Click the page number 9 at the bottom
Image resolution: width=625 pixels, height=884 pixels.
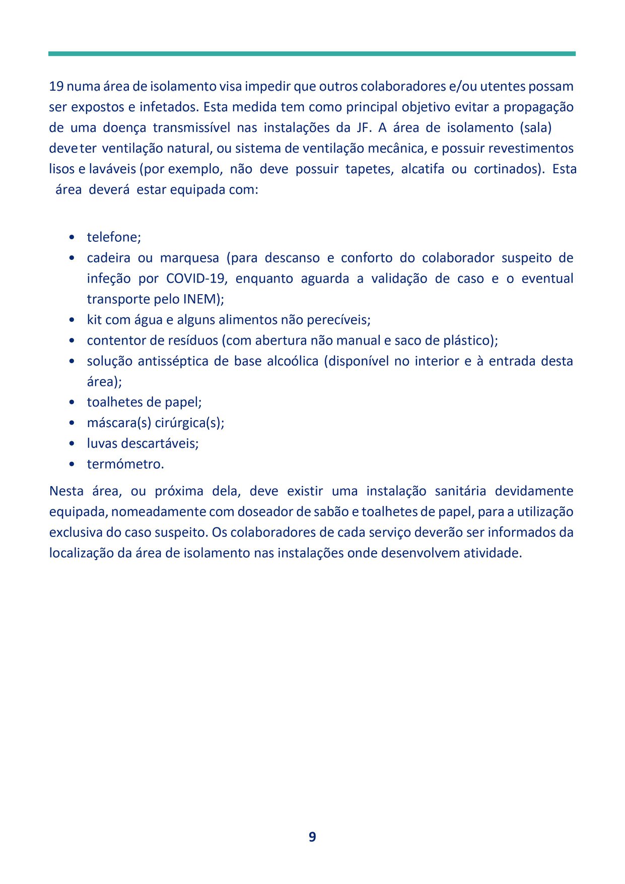(x=312, y=837)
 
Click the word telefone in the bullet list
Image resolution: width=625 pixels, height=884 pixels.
(x=113, y=237)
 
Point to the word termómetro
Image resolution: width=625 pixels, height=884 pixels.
(x=125, y=464)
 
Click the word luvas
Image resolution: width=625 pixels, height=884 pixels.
(x=102, y=444)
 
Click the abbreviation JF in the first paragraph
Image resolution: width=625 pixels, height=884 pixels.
(x=364, y=127)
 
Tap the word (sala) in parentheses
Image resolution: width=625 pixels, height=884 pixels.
(x=536, y=127)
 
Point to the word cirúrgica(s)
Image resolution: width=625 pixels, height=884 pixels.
(x=189, y=423)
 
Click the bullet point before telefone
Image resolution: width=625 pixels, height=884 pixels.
(x=73, y=237)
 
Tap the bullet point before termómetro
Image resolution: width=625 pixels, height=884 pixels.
(x=73, y=464)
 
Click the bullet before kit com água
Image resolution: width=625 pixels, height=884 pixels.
(x=73, y=320)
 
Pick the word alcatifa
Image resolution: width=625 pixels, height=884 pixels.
(x=423, y=169)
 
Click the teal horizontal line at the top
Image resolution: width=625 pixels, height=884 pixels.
(x=312, y=53)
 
